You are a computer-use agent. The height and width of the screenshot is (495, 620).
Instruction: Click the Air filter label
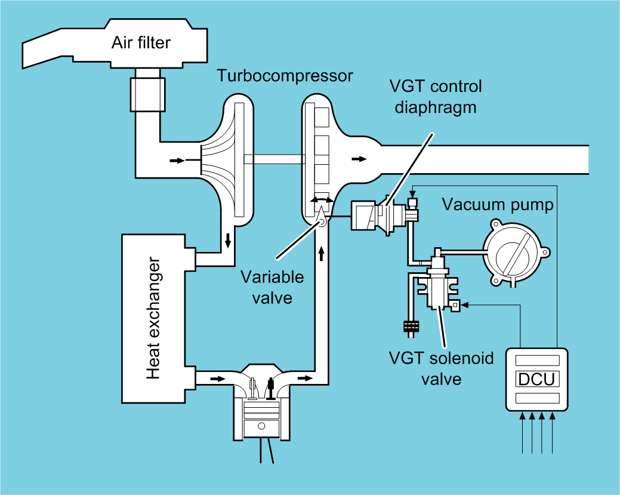[x=141, y=43]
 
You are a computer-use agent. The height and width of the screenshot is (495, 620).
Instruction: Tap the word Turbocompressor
[x=285, y=76]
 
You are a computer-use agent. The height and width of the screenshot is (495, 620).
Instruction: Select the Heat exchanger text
[x=153, y=318]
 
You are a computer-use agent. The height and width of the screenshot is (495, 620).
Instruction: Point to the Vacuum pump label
[x=498, y=205]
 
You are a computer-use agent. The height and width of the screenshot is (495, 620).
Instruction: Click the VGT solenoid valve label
[x=442, y=368]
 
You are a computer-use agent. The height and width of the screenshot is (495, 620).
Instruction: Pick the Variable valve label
[x=272, y=287]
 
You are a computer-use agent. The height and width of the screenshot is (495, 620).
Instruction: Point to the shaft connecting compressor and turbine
[x=274, y=159]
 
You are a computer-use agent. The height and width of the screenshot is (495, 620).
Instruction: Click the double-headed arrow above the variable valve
[x=321, y=201]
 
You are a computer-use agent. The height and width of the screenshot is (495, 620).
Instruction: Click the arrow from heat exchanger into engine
[x=218, y=378]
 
